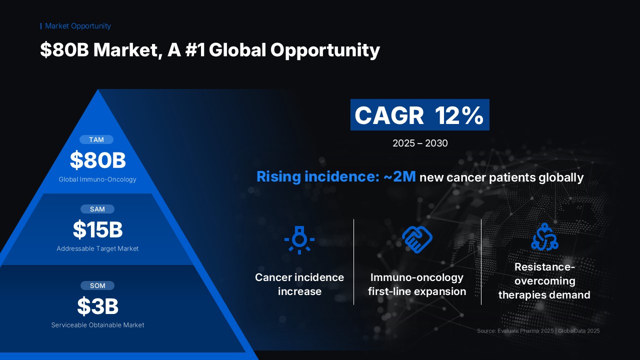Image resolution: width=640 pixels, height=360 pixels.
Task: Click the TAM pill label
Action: tap(96, 139)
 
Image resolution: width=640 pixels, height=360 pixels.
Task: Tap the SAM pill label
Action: tap(97, 209)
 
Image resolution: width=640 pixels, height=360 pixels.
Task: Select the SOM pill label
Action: tap(97, 285)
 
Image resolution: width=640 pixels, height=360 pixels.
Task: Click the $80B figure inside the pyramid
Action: tap(97, 160)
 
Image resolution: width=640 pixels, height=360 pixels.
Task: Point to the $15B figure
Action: tap(97, 229)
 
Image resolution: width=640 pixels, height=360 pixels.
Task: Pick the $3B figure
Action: tap(97, 306)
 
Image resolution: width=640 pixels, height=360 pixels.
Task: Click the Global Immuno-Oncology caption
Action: tap(97, 179)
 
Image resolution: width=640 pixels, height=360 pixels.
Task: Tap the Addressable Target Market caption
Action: tap(97, 248)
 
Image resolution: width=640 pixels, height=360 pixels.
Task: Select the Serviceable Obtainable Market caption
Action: tap(97, 325)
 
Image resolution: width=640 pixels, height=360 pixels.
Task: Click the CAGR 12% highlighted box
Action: tap(419, 115)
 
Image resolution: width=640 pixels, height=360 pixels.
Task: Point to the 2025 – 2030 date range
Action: tap(420, 143)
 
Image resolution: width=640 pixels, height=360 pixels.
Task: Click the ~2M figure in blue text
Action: tap(399, 176)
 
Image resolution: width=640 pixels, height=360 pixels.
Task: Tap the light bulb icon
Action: tap(299, 240)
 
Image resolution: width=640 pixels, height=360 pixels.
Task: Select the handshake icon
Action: tap(417, 239)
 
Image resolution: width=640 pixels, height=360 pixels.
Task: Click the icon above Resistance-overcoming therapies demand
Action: tap(544, 237)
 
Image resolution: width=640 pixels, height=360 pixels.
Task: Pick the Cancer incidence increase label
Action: tap(299, 284)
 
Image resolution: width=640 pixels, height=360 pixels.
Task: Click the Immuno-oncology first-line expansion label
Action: tap(417, 284)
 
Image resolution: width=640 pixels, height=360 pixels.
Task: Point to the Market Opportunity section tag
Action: tap(77, 26)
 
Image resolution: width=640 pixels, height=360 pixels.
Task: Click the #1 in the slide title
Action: tap(195, 49)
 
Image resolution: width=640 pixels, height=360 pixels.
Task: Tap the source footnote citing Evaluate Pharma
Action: tap(538, 331)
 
